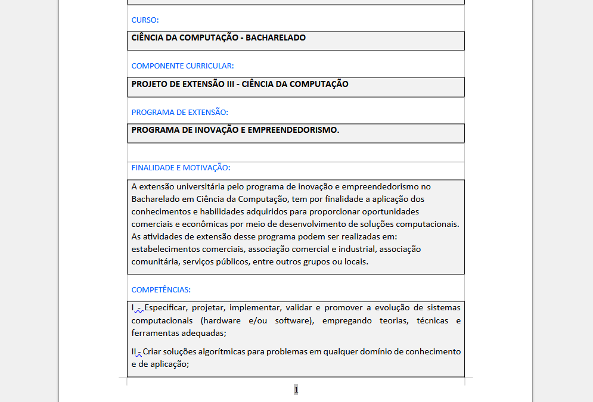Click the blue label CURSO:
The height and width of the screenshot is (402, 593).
pyautogui.click(x=145, y=20)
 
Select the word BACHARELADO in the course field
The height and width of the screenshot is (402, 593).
pyautogui.click(x=275, y=38)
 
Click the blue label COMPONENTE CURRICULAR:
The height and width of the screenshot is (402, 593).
pyautogui.click(x=182, y=66)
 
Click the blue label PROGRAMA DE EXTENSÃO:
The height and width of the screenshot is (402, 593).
pyautogui.click(x=179, y=112)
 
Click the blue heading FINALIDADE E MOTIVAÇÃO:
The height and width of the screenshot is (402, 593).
pyautogui.click(x=181, y=168)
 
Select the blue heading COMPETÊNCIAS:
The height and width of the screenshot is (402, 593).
pyautogui.click(x=161, y=290)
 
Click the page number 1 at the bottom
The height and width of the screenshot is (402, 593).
pyautogui.click(x=296, y=389)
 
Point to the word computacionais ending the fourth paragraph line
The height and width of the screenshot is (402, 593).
pyautogui.click(x=427, y=224)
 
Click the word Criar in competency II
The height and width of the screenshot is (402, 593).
pyautogui.click(x=152, y=351)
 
